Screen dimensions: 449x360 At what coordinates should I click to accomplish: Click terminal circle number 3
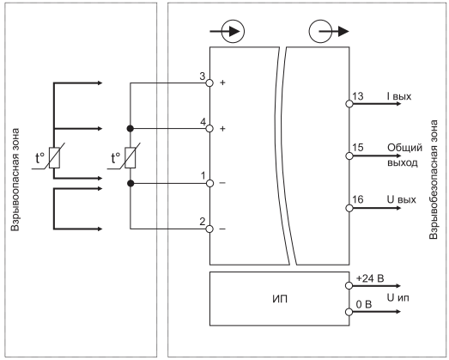(209, 83)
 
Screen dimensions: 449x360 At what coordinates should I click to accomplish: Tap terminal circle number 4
(209, 128)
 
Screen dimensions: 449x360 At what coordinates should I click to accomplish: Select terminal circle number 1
(209, 183)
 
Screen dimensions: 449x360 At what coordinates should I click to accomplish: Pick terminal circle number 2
(209, 229)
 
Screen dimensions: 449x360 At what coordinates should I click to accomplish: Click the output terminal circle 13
(349, 104)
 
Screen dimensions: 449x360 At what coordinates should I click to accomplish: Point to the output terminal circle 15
(349, 156)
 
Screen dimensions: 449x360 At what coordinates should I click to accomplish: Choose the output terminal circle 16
(349, 208)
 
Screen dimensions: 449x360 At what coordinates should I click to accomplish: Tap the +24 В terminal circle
(349, 286)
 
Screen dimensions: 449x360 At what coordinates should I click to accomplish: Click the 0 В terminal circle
(349, 312)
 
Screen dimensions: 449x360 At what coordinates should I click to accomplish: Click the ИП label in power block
(280, 299)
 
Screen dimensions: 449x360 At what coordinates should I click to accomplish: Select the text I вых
(399, 96)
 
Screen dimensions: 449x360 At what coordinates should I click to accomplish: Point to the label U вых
(402, 199)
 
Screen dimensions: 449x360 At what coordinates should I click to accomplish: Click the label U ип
(398, 298)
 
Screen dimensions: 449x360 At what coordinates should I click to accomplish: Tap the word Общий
(404, 148)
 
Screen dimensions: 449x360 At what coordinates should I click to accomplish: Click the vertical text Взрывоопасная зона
(15, 180)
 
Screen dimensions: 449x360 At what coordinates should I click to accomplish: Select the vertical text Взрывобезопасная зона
(434, 180)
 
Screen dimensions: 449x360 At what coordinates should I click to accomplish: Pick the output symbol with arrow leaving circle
(329, 31)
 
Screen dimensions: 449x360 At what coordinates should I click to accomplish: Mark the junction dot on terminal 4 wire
(130, 128)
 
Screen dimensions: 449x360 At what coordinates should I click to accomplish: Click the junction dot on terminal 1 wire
(130, 183)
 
